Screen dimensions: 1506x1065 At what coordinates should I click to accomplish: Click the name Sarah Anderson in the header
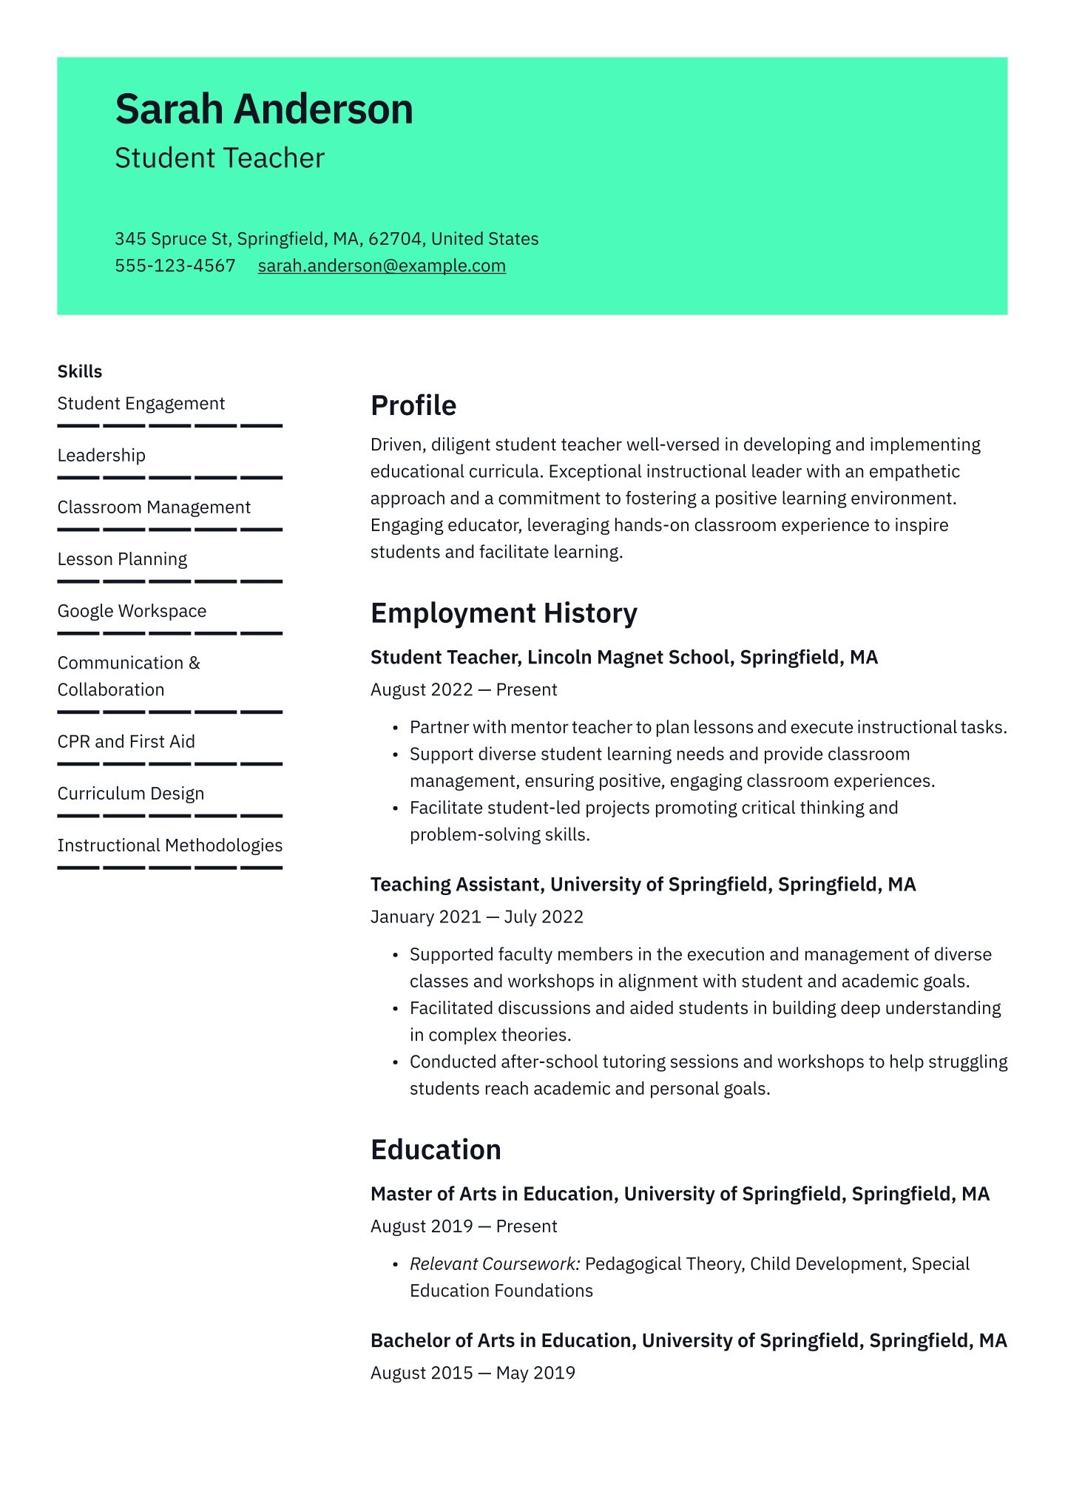click(264, 109)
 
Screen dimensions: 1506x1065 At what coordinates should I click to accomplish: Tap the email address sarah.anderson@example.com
click(382, 266)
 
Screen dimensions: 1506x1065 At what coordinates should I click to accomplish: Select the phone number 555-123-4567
click(175, 266)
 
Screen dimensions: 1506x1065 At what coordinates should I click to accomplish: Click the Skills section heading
click(80, 371)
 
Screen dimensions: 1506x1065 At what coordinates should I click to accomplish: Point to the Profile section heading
click(413, 405)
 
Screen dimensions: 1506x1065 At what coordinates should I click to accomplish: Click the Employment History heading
click(504, 613)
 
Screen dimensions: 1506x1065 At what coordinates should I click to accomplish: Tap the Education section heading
click(436, 1149)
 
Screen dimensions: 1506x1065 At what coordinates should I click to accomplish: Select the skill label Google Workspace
click(132, 611)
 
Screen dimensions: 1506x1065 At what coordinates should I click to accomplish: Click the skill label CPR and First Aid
click(126, 741)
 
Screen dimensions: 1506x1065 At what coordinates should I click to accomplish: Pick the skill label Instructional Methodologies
click(170, 845)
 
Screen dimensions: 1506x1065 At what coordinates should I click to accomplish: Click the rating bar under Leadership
click(170, 478)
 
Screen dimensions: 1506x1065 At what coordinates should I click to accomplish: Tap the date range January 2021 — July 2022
click(477, 916)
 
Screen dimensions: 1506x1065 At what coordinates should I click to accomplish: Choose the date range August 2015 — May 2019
click(473, 1373)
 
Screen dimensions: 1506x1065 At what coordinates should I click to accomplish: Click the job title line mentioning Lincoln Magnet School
click(623, 657)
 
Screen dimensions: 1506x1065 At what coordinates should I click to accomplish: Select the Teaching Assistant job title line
click(643, 884)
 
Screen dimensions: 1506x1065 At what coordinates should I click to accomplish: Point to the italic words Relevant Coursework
click(495, 1263)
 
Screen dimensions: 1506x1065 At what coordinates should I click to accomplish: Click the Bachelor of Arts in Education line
click(689, 1340)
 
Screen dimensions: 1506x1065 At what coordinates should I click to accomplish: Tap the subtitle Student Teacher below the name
click(220, 158)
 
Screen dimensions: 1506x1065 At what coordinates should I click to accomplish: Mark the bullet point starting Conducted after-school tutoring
click(708, 1062)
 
